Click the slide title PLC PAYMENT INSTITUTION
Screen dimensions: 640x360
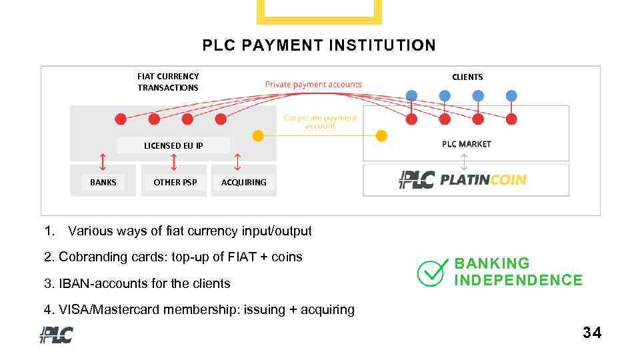(319, 45)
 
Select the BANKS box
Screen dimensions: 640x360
(103, 182)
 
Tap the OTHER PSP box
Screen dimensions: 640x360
(175, 182)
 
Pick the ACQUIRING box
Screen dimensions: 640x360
(243, 182)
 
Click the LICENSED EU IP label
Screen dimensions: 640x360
(173, 145)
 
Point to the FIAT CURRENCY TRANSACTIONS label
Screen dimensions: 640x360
(168, 82)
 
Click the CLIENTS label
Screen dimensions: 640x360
(467, 77)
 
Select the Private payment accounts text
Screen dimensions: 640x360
(313, 85)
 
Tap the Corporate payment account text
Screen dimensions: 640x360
(320, 121)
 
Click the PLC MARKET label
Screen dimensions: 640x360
(467, 144)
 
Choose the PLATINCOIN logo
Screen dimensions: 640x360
(463, 179)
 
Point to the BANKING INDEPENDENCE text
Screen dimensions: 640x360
(518, 271)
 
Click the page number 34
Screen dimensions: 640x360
(591, 333)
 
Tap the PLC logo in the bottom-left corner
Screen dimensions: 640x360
(56, 334)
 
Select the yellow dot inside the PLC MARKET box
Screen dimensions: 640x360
(381, 136)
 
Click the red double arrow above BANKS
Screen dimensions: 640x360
(102, 162)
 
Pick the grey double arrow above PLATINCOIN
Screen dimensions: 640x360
(465, 161)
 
